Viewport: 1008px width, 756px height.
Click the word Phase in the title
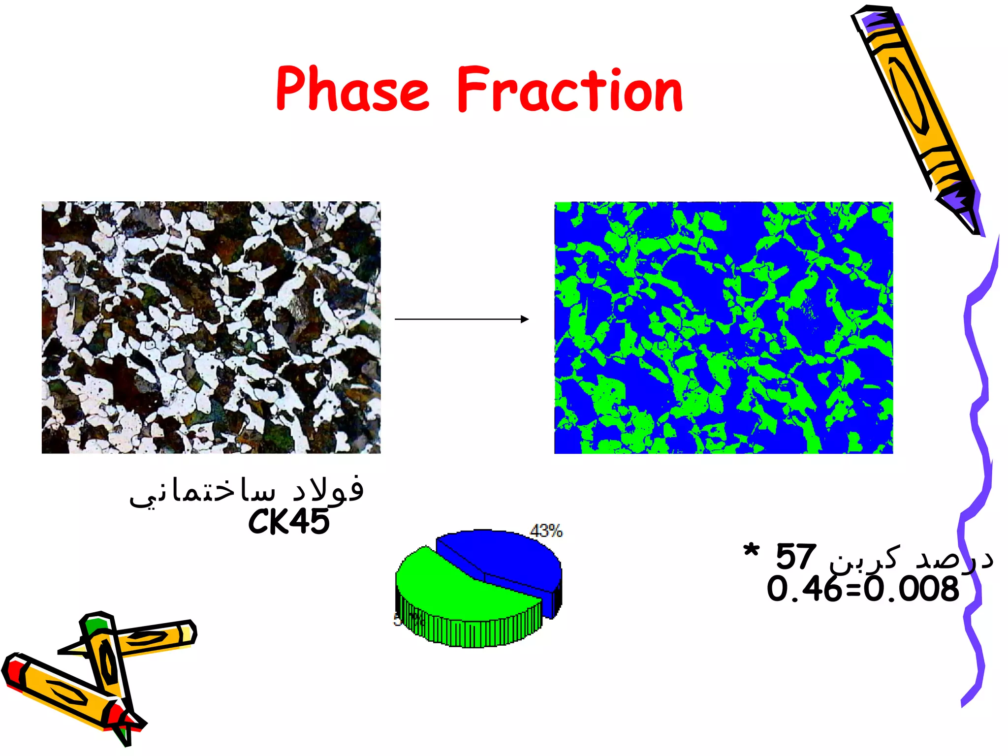(352, 89)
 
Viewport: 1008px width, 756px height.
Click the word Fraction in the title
(570, 89)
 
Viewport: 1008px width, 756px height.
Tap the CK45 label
(289, 522)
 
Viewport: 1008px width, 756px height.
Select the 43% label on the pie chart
(546, 531)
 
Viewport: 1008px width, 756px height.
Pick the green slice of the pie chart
(458, 591)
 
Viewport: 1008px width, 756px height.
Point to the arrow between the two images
(462, 319)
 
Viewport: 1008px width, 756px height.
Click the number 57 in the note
(796, 557)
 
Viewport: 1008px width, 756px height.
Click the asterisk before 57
(752, 552)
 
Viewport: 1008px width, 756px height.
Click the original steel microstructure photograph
(211, 327)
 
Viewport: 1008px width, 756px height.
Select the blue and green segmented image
(724, 327)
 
